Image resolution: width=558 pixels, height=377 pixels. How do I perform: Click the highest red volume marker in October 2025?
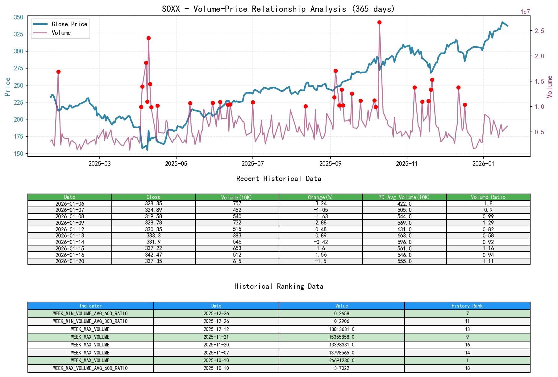[379, 23]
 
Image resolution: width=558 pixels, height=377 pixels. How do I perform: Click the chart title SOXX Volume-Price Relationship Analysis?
[278, 9]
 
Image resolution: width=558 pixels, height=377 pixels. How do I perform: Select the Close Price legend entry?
[69, 24]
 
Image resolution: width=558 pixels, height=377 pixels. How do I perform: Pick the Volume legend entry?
[61, 33]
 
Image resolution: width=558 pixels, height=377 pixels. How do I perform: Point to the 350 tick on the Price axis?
[19, 17]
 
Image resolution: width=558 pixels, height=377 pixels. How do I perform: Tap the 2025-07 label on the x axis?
[252, 164]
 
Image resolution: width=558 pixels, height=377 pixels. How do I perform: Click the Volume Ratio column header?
[488, 197]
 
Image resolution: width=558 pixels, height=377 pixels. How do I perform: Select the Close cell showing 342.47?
[153, 255]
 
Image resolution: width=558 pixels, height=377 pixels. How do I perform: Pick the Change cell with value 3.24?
[321, 203]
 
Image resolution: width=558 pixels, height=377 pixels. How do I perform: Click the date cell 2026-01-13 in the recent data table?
[70, 236]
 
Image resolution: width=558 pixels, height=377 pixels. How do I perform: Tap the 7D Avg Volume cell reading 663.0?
[404, 236]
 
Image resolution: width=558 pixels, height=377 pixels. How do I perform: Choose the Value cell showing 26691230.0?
[342, 360]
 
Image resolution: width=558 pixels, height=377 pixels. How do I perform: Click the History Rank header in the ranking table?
[467, 306]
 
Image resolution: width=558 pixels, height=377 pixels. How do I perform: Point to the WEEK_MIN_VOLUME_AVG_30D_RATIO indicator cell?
[90, 321]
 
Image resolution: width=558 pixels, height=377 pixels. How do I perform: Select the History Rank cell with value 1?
[467, 360]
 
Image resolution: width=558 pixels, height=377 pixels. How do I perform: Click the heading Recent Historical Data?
[278, 178]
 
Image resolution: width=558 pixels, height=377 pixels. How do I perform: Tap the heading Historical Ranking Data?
[278, 286]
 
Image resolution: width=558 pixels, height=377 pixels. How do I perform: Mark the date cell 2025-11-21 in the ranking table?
[216, 337]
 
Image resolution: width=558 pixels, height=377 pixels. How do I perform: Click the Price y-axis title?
[8, 86]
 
